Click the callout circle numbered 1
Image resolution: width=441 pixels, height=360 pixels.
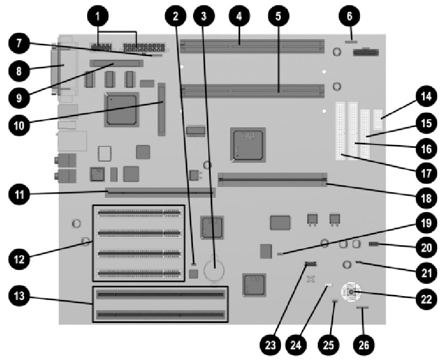coord(97,17)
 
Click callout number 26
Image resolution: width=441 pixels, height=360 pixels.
coord(364,344)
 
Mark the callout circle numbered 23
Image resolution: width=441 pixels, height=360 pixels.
coord(271,344)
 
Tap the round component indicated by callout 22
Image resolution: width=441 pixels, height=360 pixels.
coord(351,292)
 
